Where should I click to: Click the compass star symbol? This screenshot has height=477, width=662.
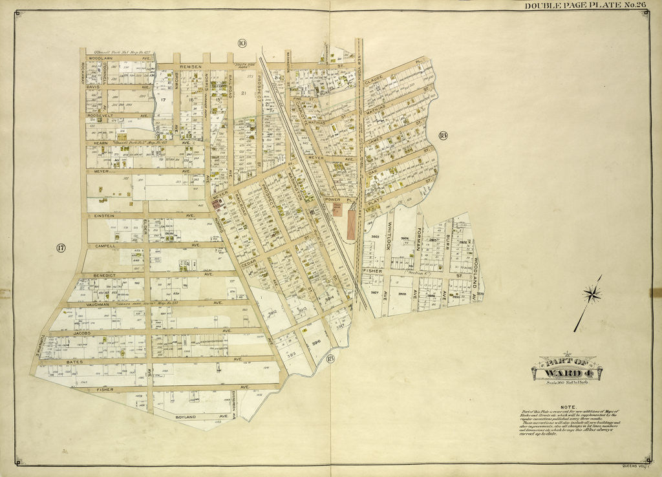click(x=592, y=295)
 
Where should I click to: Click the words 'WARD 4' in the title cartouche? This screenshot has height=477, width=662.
click(x=566, y=373)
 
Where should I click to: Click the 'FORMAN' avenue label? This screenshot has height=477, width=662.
click(x=420, y=238)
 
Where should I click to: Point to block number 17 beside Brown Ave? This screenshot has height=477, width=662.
click(x=164, y=100)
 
